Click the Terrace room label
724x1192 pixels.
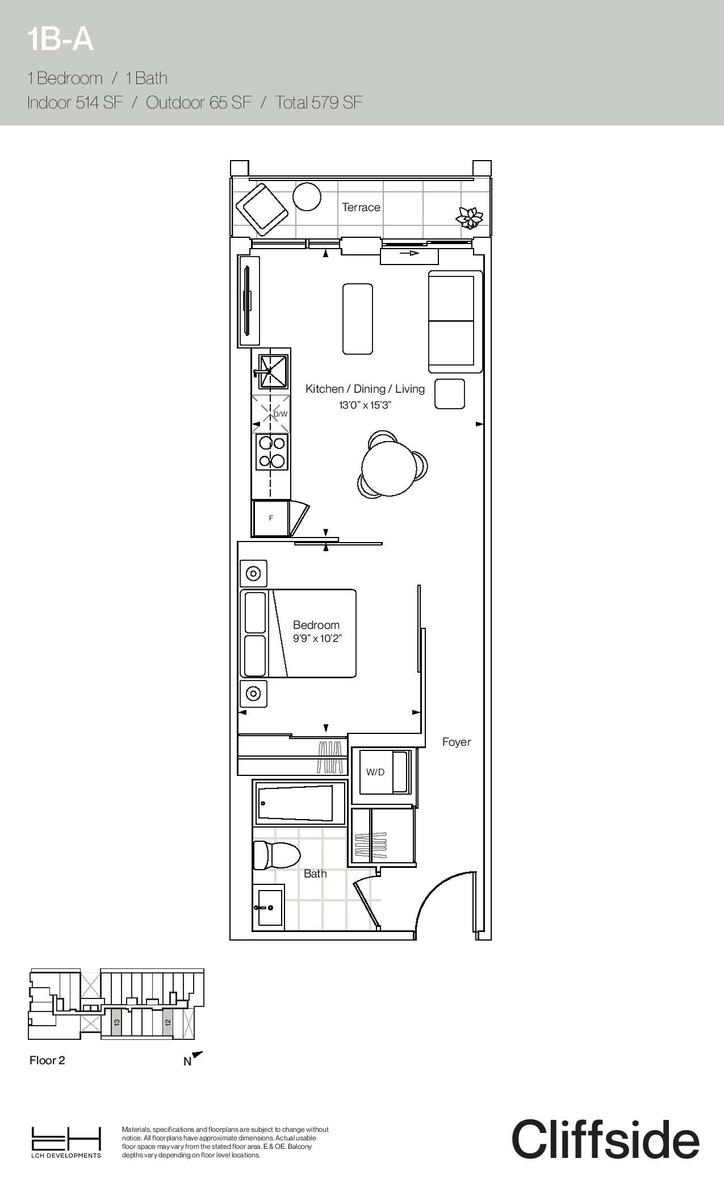tap(361, 207)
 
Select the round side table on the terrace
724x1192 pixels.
tap(307, 196)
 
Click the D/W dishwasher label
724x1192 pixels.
tap(281, 414)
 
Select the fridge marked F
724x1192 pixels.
tap(271, 518)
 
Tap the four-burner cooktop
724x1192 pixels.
tap(271, 452)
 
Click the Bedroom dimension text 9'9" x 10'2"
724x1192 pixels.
tap(317, 639)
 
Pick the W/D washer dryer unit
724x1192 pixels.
tap(384, 772)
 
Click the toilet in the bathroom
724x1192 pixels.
tap(276, 855)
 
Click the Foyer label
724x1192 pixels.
tap(457, 742)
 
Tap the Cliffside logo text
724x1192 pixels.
tap(605, 1139)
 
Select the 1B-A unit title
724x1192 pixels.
tap(60, 40)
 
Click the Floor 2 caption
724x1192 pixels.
tap(47, 1060)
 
